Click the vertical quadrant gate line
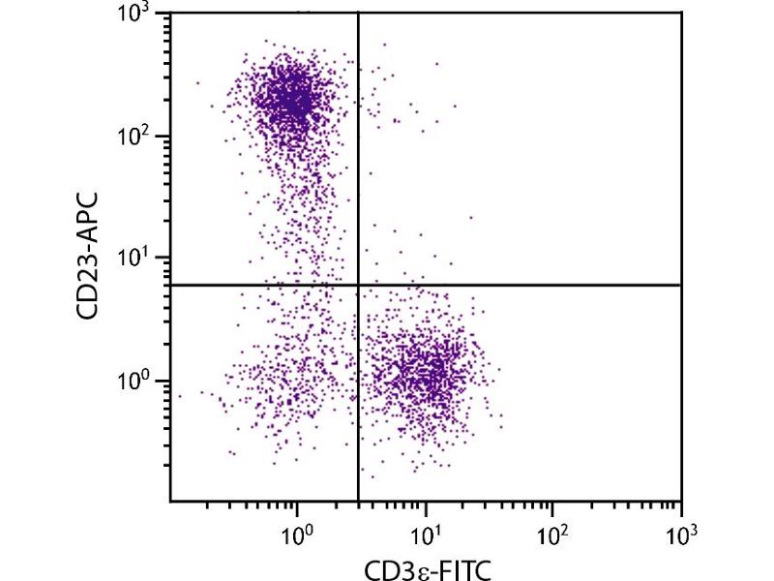pos(359,194)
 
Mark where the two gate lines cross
pos(359,285)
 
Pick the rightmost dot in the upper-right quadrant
pos(471,218)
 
